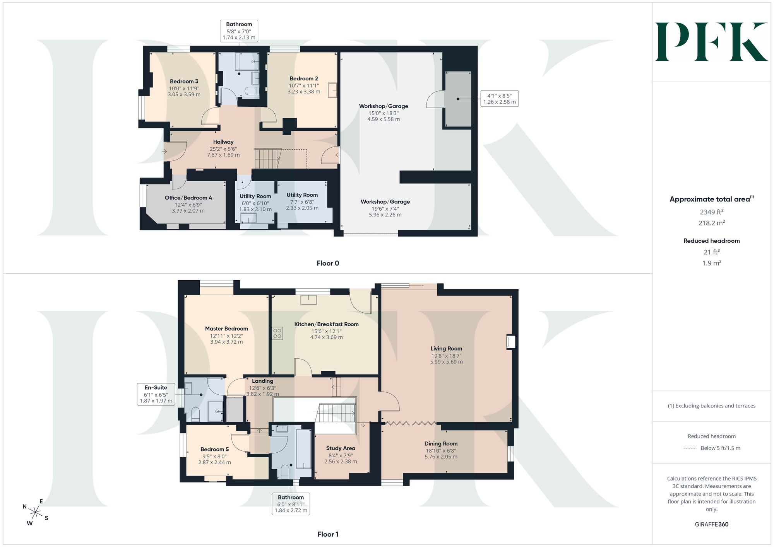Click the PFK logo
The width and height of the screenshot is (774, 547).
tap(711, 42)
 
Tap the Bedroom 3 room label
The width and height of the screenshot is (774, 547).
tap(184, 81)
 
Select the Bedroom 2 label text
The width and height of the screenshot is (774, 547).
tap(304, 78)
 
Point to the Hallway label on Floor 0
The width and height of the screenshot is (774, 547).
tap(223, 142)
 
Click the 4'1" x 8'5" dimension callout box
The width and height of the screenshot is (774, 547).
tap(500, 99)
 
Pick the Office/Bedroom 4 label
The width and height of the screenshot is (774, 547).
tap(188, 198)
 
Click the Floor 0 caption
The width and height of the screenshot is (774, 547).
tap(328, 263)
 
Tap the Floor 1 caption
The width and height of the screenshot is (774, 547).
tap(328, 534)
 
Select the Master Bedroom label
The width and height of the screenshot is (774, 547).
tap(226, 329)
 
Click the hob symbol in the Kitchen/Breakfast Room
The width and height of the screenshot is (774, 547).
tap(277, 333)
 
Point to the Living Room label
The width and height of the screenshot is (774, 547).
tap(446, 349)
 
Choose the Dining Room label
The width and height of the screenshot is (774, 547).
tap(441, 444)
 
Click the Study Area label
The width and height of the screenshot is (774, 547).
tap(341, 448)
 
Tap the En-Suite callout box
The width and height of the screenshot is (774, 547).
tap(156, 394)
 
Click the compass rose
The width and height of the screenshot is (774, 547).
tap(36, 513)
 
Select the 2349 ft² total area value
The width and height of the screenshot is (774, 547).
tap(712, 212)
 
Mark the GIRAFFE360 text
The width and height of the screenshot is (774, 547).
tap(712, 525)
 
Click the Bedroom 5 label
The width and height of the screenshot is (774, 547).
tap(214, 449)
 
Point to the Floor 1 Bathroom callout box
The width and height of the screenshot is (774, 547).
tap(291, 504)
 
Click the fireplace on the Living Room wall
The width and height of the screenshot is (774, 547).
tap(511, 342)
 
